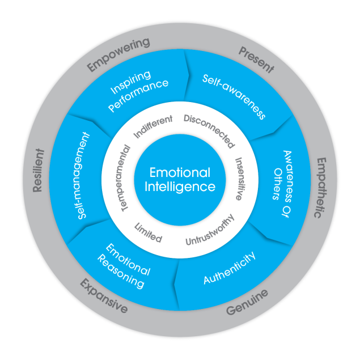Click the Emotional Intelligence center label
179,179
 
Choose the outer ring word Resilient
39,170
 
